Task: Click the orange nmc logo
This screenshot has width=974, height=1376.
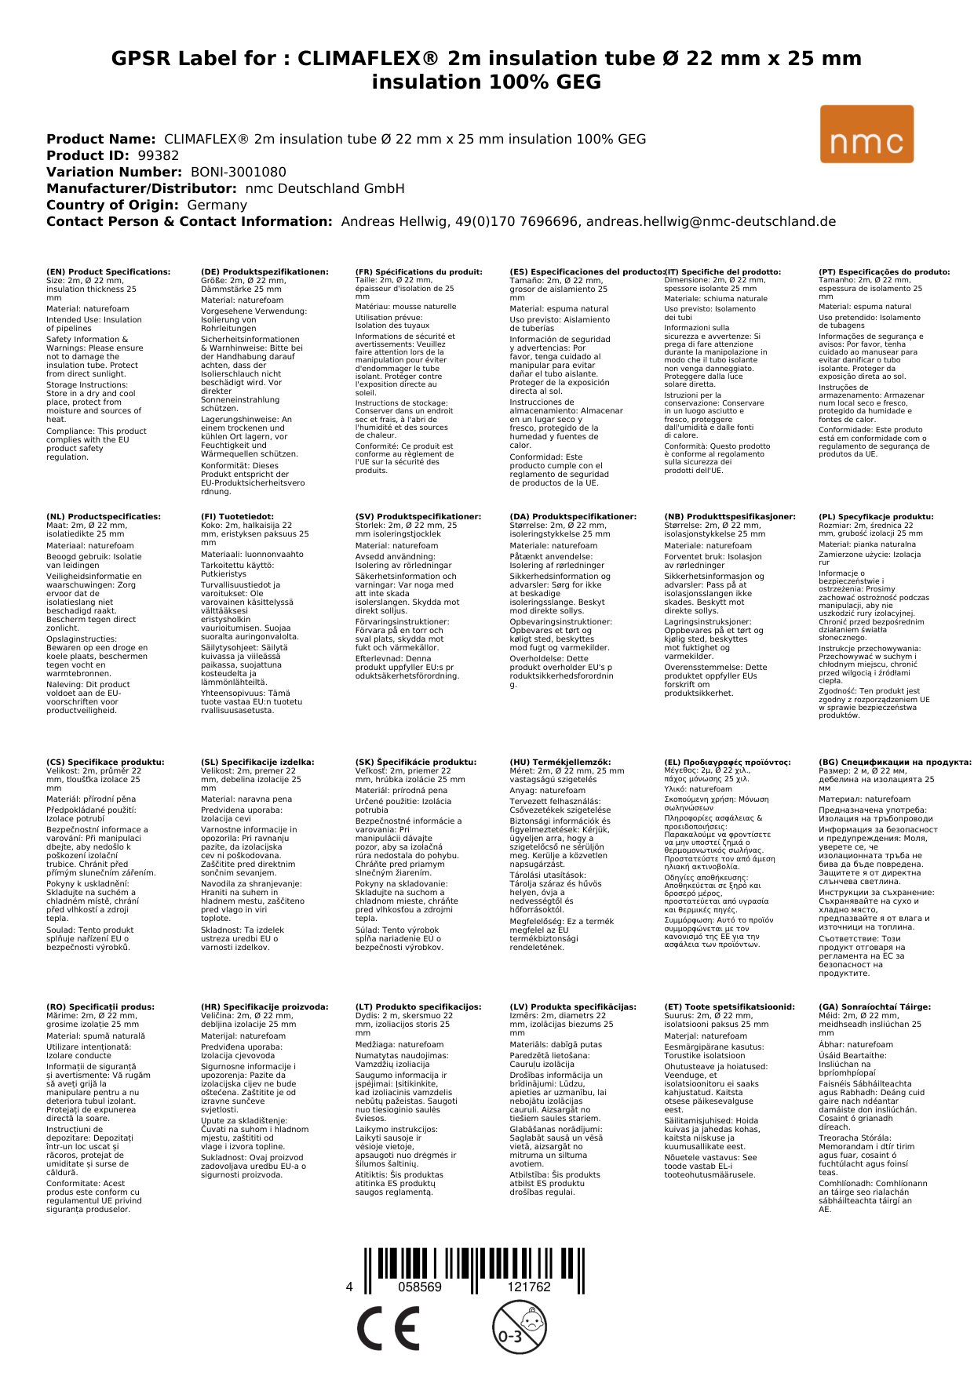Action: [x=866, y=134]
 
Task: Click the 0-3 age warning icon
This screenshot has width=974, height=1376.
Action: [x=519, y=1327]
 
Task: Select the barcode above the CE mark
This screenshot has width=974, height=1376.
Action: [x=474, y=1269]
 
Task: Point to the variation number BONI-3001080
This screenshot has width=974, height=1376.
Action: [x=239, y=172]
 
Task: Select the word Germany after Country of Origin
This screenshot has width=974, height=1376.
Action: [x=217, y=205]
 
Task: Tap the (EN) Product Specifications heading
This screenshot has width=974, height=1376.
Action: [x=108, y=272]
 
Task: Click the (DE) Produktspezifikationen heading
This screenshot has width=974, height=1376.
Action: [x=264, y=272]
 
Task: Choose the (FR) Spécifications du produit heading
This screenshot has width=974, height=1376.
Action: [x=418, y=272]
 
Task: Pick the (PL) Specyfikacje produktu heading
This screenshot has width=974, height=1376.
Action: [x=876, y=517]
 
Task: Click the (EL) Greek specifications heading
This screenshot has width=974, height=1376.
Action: [x=728, y=762]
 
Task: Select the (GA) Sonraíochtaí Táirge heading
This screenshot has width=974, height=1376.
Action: [x=874, y=1007]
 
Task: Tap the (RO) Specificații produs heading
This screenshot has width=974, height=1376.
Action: [x=100, y=1007]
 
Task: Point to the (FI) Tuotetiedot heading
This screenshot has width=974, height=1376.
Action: [x=237, y=517]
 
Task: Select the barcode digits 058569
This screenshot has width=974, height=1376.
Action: [x=420, y=1287]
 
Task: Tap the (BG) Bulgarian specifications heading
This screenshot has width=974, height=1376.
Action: [x=895, y=762]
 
